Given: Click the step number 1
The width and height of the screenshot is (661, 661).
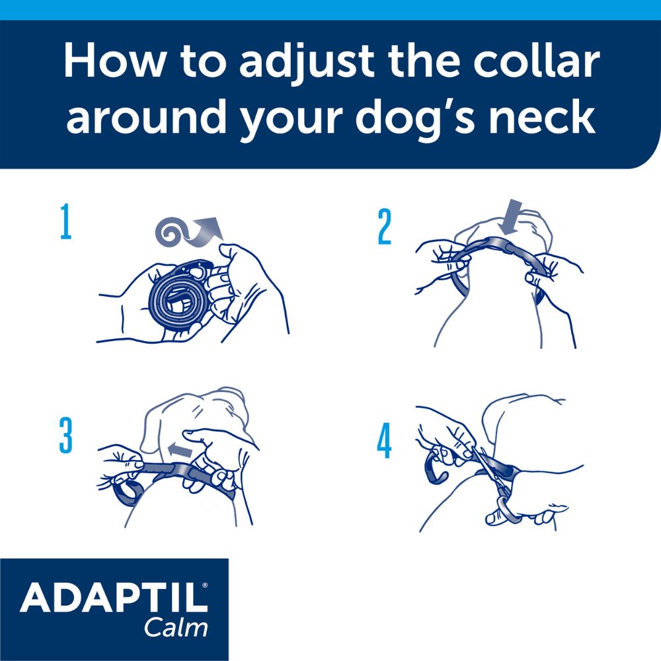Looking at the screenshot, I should [x=65, y=223].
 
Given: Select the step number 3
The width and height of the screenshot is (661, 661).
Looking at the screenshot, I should [x=65, y=437].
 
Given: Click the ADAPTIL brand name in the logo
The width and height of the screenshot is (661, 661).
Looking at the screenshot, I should [x=110, y=598].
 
